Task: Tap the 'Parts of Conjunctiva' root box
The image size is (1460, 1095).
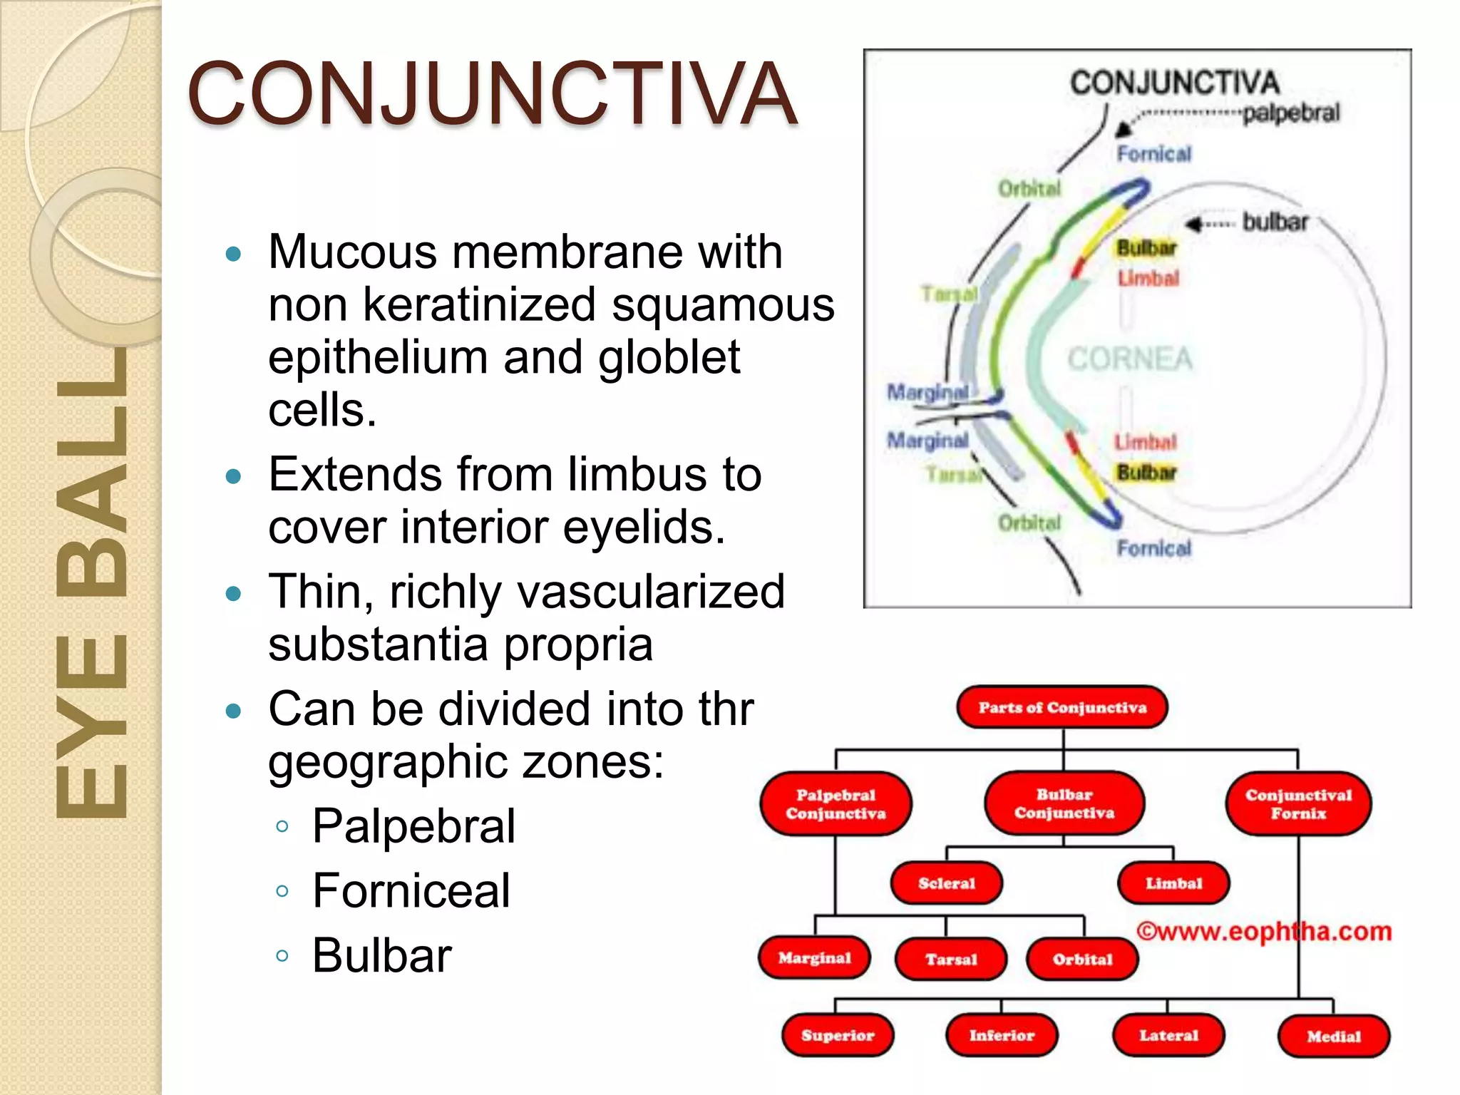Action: click(x=1062, y=707)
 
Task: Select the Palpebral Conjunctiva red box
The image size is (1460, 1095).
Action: click(x=836, y=804)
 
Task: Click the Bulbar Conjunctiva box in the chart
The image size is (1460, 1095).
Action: click(x=1064, y=803)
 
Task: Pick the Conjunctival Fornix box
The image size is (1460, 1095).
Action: click(x=1298, y=804)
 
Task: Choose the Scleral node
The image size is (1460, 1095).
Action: click(x=947, y=883)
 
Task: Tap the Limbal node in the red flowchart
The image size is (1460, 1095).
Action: click(x=1173, y=883)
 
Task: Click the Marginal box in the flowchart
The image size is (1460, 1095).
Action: click(x=814, y=958)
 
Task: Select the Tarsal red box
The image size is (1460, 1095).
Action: click(x=951, y=960)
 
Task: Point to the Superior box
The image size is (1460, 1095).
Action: click(x=838, y=1035)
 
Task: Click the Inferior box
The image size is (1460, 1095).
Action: click(x=1002, y=1035)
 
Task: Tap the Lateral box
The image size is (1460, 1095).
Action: click(x=1168, y=1035)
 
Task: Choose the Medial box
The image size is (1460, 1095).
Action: click(x=1334, y=1037)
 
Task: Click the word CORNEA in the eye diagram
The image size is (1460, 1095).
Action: click(x=1129, y=359)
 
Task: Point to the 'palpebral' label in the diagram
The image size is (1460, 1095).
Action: click(x=1291, y=113)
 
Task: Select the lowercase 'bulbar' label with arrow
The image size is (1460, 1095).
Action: click(x=1275, y=222)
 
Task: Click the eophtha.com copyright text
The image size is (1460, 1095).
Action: click(x=1264, y=931)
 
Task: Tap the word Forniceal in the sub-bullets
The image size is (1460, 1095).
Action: click(x=411, y=890)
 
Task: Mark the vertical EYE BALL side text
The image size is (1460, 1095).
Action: click(x=91, y=585)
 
